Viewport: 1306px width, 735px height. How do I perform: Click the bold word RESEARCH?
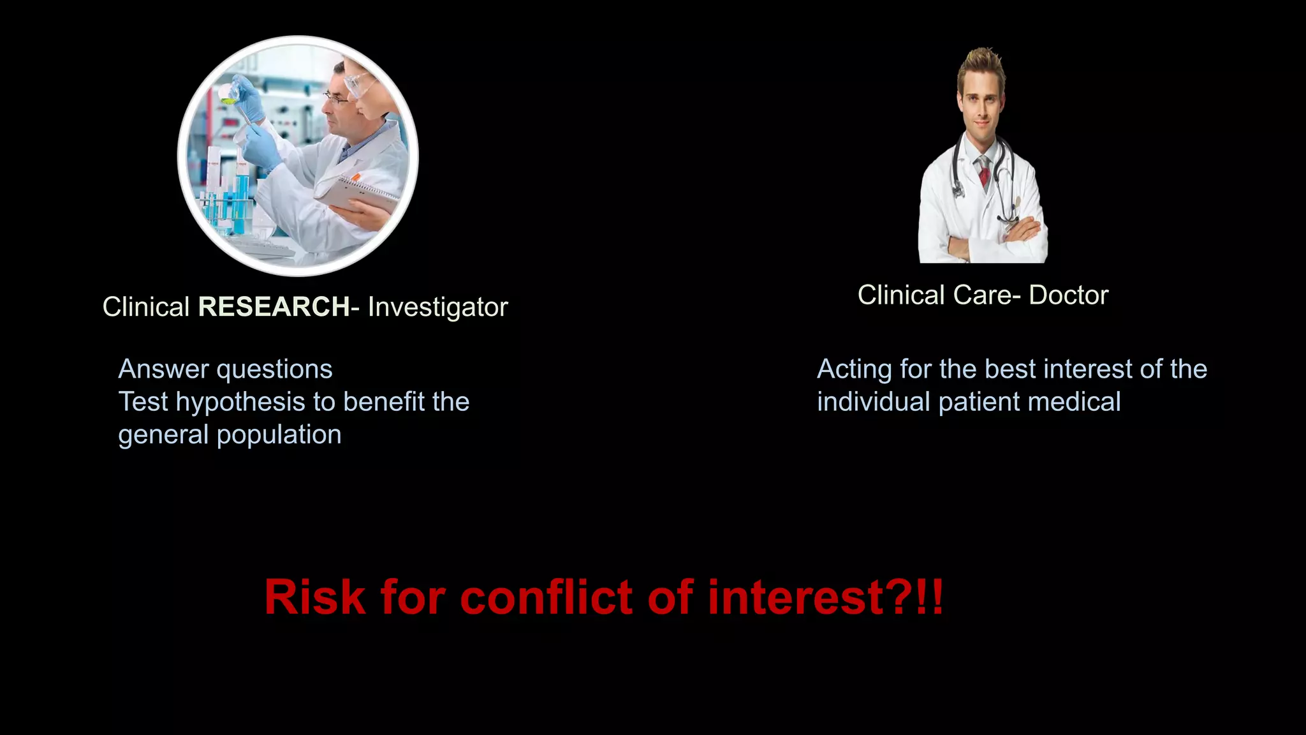(274, 307)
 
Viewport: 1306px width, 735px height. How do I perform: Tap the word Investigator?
(437, 307)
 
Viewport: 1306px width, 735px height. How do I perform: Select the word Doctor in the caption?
(1068, 295)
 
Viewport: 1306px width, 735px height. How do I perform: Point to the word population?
(279, 435)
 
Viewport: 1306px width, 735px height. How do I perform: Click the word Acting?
(855, 369)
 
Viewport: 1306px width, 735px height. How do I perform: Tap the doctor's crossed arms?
(995, 236)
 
